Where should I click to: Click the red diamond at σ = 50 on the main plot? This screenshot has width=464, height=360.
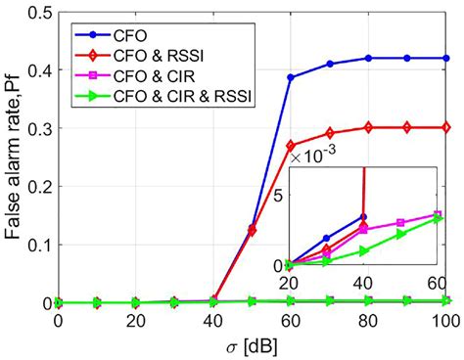click(253, 231)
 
